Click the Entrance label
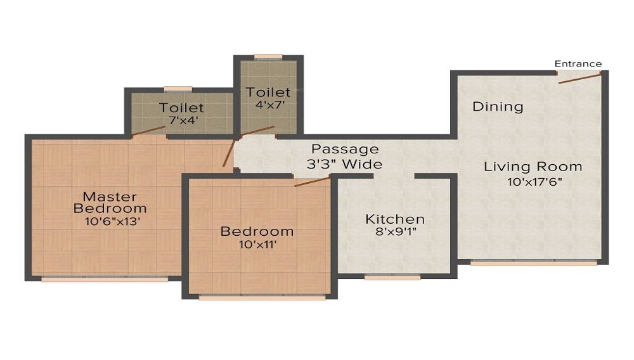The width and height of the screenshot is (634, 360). click(578, 64)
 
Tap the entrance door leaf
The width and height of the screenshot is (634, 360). click(580, 79)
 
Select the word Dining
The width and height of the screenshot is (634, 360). click(498, 106)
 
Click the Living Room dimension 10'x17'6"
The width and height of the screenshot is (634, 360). click(535, 182)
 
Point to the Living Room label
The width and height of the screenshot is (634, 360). click(533, 167)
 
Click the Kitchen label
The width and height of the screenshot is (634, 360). click(394, 219)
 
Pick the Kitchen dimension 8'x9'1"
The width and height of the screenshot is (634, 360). click(396, 232)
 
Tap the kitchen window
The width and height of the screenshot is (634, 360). click(392, 277)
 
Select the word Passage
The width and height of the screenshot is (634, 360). click(345, 150)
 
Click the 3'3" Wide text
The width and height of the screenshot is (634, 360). click(344, 164)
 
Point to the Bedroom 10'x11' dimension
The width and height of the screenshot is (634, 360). click(257, 245)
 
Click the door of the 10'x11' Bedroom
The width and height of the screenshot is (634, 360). click(312, 181)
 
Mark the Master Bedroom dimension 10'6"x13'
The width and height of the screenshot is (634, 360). click(112, 221)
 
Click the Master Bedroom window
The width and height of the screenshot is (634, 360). click(105, 280)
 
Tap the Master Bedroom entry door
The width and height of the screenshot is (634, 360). click(228, 153)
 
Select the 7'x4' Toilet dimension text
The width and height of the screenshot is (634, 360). click(183, 120)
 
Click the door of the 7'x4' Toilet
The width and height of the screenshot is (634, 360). click(148, 131)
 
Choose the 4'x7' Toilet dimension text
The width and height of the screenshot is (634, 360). click(270, 105)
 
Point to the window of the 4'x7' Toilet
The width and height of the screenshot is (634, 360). click(268, 56)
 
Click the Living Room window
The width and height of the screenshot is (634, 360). click(534, 263)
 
